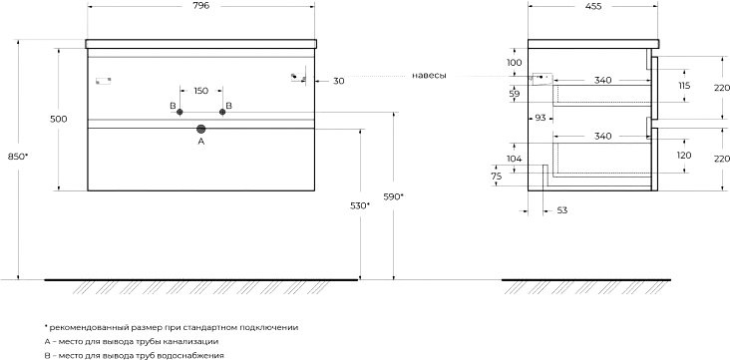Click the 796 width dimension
click(x=200, y=6)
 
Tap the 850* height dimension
click(x=18, y=157)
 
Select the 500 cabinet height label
click(x=58, y=120)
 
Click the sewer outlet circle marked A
click(x=201, y=129)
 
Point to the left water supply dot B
click(x=180, y=112)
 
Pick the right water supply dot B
click(x=222, y=112)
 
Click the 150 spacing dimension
click(x=200, y=91)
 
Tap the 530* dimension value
click(x=360, y=205)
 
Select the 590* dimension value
click(x=393, y=197)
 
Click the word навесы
click(x=429, y=76)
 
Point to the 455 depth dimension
click(x=593, y=6)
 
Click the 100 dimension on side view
click(x=514, y=63)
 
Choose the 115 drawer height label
click(x=684, y=86)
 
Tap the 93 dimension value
click(x=541, y=119)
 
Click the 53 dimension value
click(x=562, y=210)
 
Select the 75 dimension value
click(x=497, y=177)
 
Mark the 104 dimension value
click(x=514, y=159)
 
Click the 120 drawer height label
click(x=684, y=156)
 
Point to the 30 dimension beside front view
click(x=339, y=81)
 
